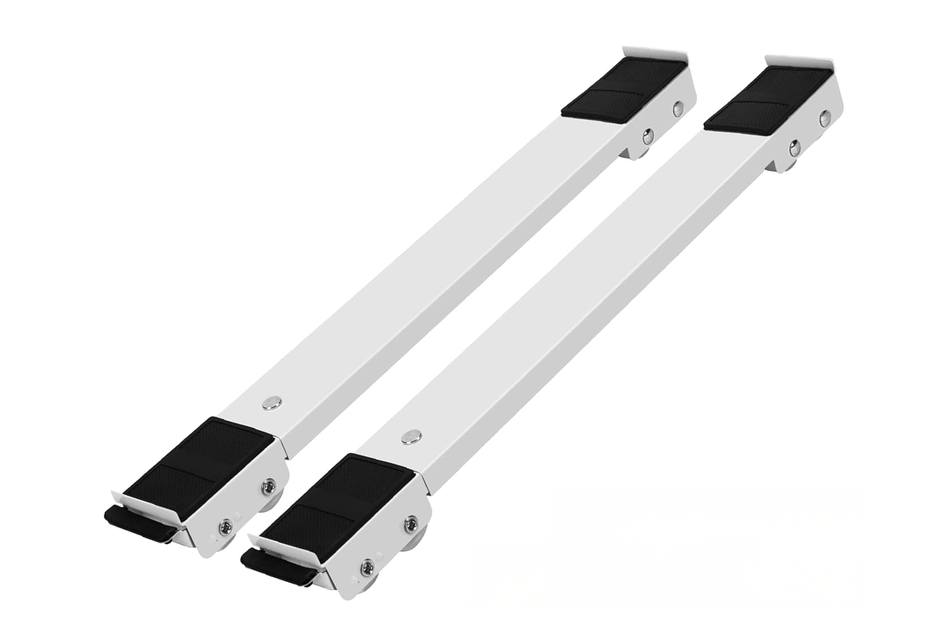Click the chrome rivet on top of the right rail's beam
410,436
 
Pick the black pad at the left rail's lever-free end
624,89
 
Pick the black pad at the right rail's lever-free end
768,98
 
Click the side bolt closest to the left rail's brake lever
226,526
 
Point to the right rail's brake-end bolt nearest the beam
411,524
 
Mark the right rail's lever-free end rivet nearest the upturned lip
825,118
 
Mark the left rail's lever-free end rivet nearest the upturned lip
678,109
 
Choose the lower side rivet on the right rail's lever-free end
795,146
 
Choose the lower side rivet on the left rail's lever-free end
647,137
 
